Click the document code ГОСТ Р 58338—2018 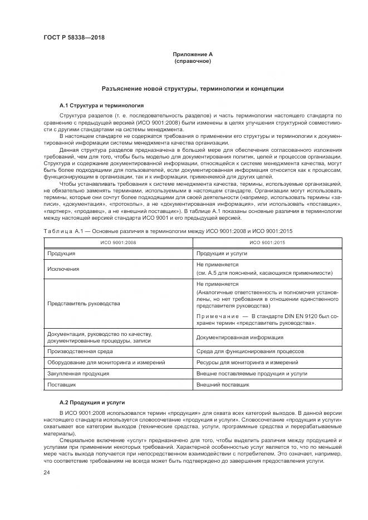click(x=73, y=38)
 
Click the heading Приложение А click(x=192, y=54)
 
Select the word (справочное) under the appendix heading click(x=192, y=61)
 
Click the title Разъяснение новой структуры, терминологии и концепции click(x=193, y=88)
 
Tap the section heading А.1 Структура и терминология click(x=101, y=105)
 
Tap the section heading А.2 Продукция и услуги click(x=92, y=402)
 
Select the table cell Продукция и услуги click(x=222, y=253)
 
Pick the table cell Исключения click(x=63, y=269)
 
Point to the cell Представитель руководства click(x=84, y=304)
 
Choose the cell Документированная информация click(x=239, y=337)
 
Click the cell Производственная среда click(x=80, y=351)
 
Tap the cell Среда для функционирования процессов click(x=250, y=351)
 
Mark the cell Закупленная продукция click(x=78, y=373)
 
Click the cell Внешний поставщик click(x=224, y=384)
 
